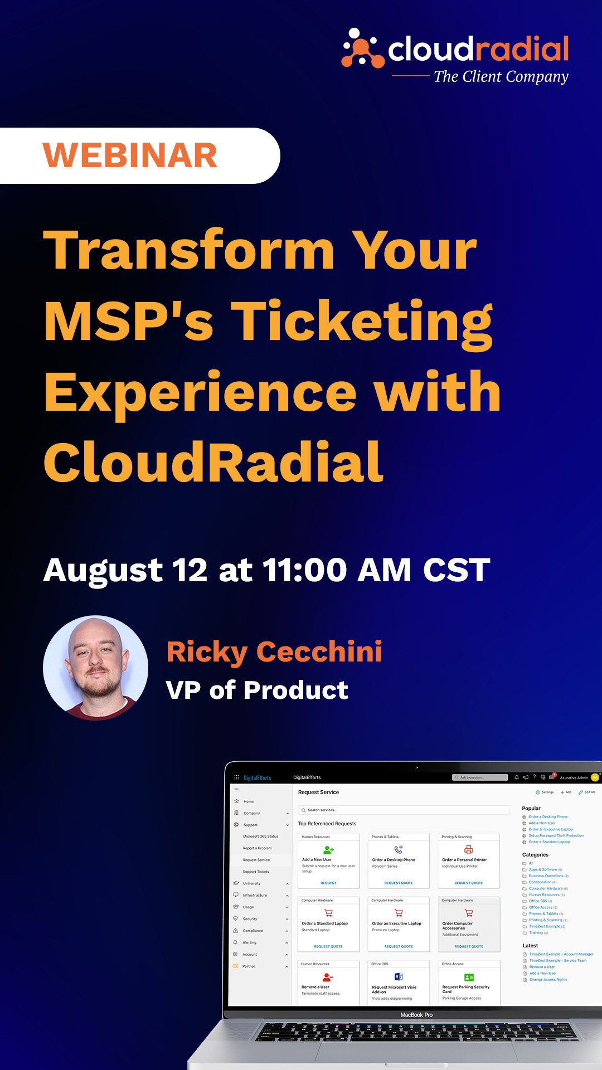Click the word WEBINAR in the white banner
[130, 155]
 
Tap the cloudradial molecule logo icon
[362, 48]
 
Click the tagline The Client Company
[501, 76]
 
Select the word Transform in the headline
[188, 250]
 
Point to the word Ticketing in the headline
[362, 322]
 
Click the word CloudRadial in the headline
[213, 462]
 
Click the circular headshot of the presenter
[96, 668]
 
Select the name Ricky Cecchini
[274, 651]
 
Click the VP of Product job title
[257, 690]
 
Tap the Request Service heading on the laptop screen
[318, 792]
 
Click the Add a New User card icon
[328, 850]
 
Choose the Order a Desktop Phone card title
[394, 860]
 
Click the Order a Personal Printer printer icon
[469, 849]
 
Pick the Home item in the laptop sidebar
[249, 801]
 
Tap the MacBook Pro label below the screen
[416, 1015]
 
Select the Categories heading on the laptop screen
[535, 854]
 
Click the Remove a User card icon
[328, 977]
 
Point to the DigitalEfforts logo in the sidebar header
[257, 777]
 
